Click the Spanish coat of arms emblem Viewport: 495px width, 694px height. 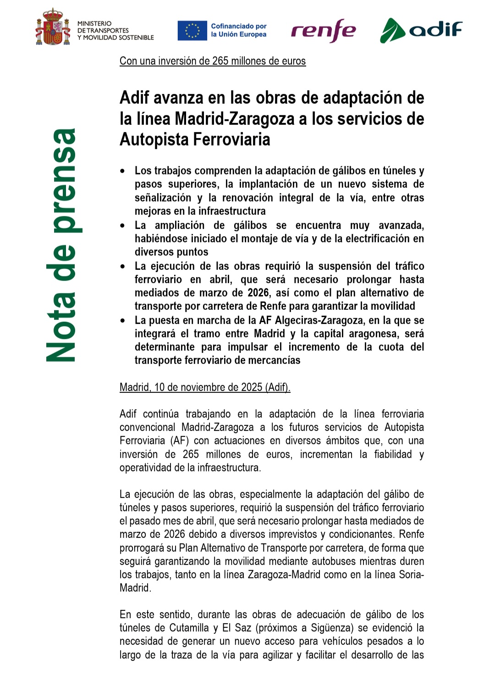53,28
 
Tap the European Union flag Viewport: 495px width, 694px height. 192,31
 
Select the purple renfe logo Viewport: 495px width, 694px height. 324,31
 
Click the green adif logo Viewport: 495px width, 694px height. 421,30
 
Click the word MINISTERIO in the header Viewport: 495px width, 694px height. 94,23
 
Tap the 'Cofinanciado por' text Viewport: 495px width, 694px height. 238,26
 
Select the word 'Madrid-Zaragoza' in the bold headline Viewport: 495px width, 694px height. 235,119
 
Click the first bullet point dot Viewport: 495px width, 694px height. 122,171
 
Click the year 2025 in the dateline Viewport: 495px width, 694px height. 252,387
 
